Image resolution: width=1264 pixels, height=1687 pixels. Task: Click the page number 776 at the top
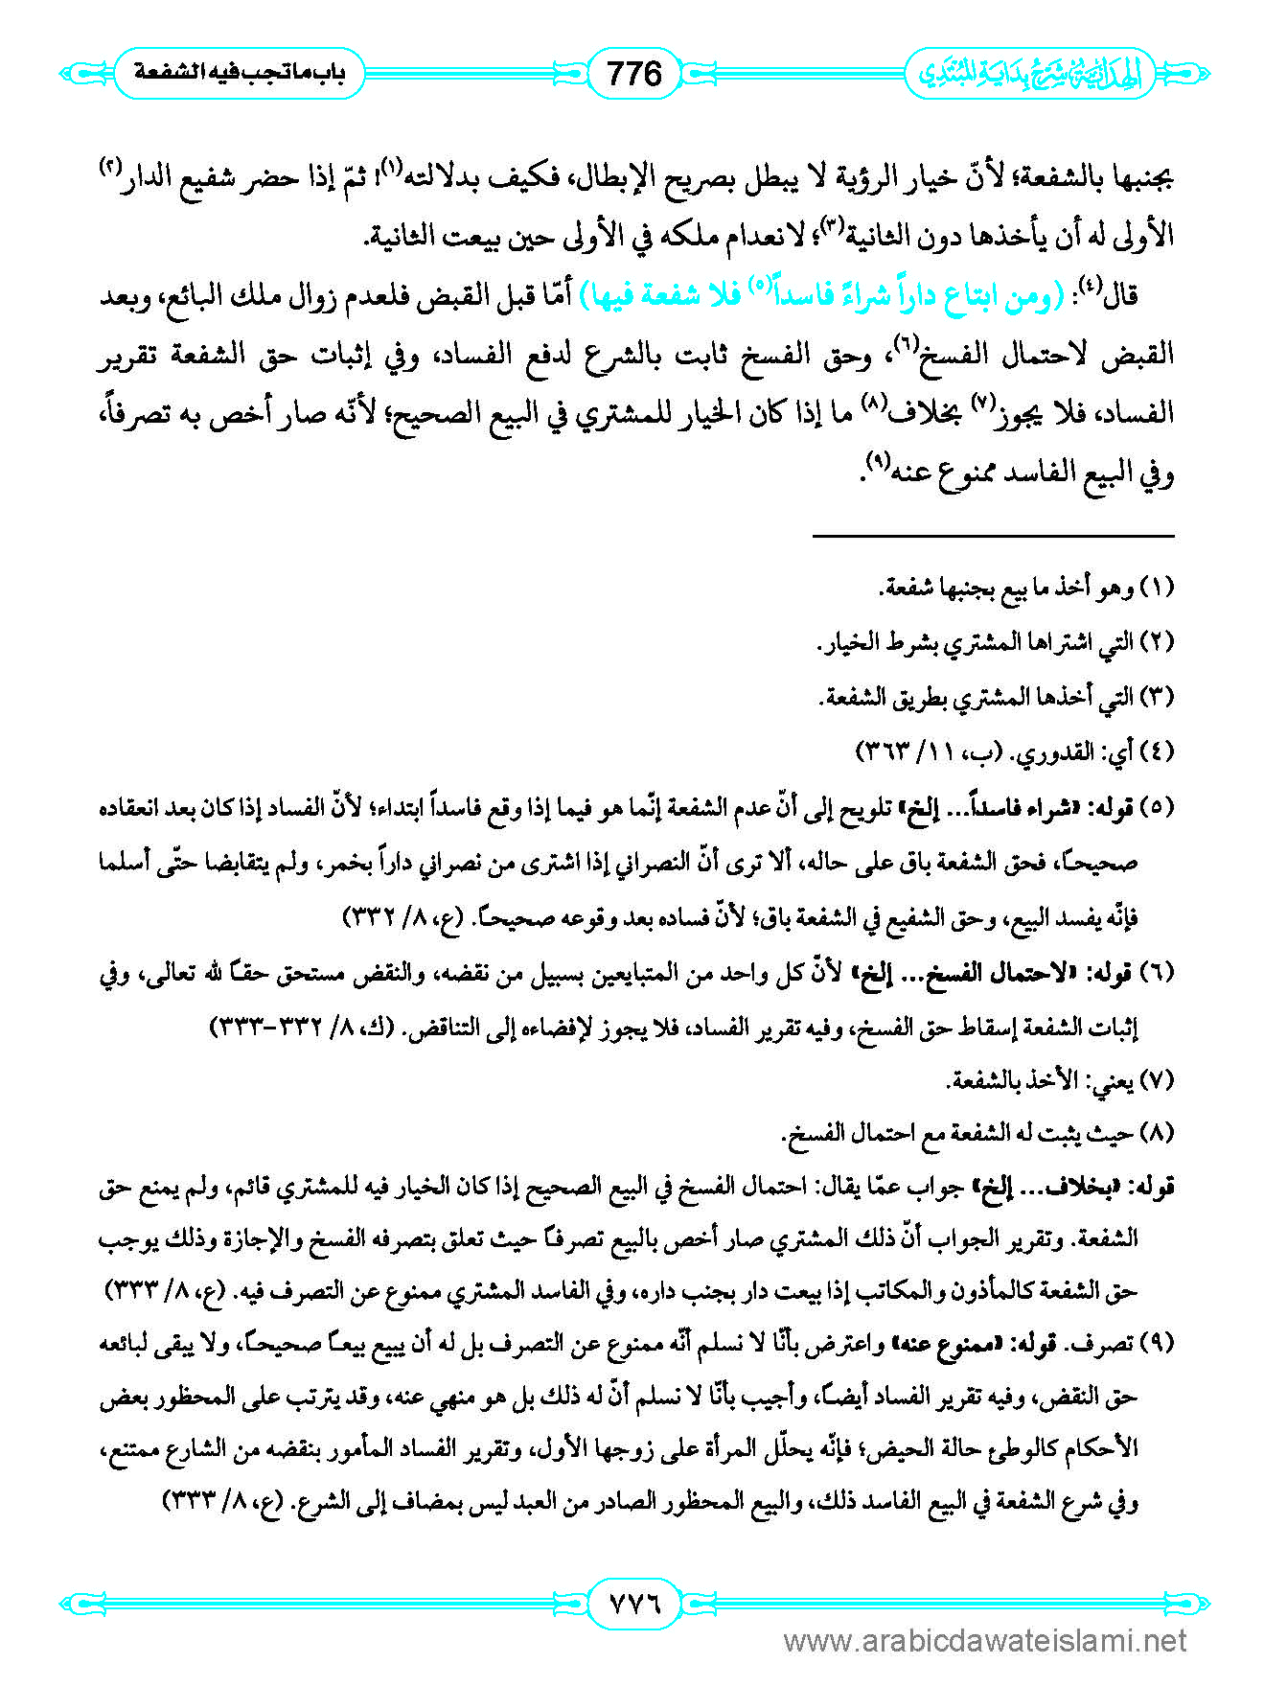[x=634, y=73]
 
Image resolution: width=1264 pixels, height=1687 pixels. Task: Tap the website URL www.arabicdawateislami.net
[x=985, y=1642]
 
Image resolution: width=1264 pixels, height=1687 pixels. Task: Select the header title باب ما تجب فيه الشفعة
[x=239, y=73]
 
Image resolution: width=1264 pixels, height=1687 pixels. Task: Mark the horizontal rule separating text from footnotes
[x=993, y=536]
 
